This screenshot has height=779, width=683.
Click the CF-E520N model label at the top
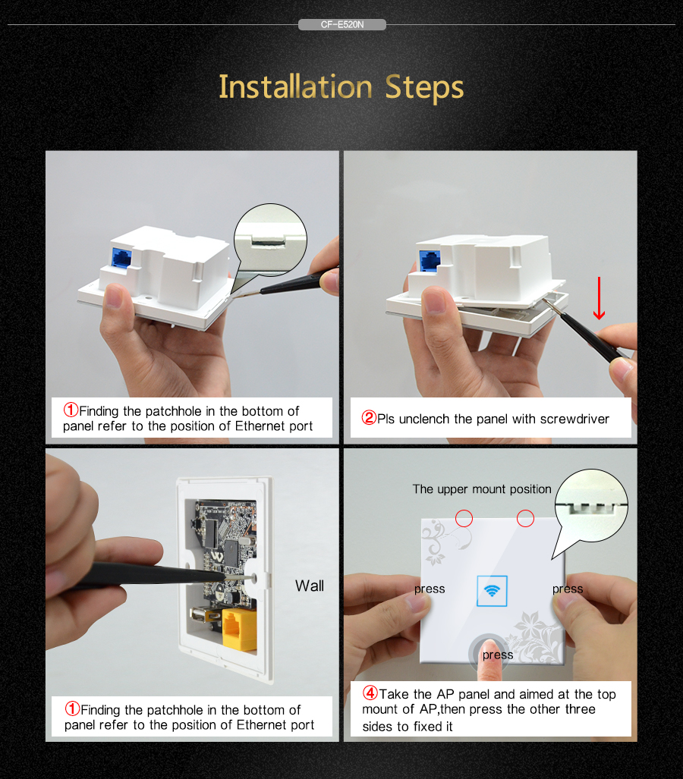coord(342,24)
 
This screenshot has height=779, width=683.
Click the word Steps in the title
coord(424,87)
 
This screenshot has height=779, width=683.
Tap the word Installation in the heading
coord(295,87)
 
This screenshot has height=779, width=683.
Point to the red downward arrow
coord(599,298)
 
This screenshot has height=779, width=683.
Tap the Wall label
coord(309,586)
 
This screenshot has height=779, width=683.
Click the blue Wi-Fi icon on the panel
coord(492,591)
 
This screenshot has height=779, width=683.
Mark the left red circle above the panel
coord(464,519)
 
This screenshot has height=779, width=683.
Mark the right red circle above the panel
coord(525,519)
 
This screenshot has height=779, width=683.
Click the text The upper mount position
coord(482,489)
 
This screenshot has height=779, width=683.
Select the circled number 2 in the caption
coord(369,417)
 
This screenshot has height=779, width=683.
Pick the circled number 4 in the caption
coord(370,693)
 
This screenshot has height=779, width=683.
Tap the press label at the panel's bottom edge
coord(498,655)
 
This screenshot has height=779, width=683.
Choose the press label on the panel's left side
coord(430,589)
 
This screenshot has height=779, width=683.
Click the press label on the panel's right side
coord(568,589)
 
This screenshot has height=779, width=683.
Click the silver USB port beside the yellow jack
coord(205,616)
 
